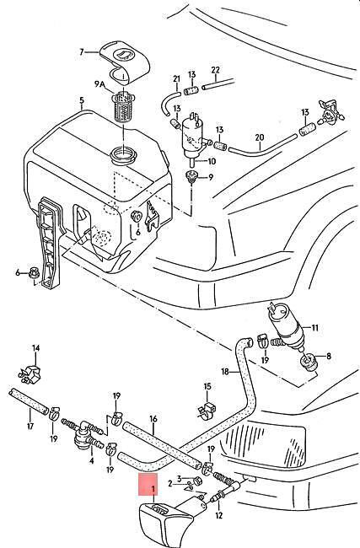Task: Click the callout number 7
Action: click(x=82, y=52)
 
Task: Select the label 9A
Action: click(x=99, y=83)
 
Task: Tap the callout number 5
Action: click(x=82, y=100)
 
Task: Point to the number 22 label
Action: click(x=215, y=70)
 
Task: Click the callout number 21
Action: click(x=176, y=79)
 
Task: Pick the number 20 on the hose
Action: click(x=260, y=137)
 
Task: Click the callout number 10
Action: click(x=212, y=162)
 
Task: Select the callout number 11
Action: click(x=315, y=328)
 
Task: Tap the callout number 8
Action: click(x=329, y=357)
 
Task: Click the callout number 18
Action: click(x=225, y=371)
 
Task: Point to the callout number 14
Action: click(x=36, y=348)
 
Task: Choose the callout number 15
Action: click(x=207, y=386)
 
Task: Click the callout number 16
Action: click(x=153, y=419)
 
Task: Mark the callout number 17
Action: click(x=30, y=426)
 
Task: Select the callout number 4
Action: click(x=92, y=461)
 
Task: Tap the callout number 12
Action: click(x=219, y=515)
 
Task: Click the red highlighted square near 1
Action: click(x=148, y=485)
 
